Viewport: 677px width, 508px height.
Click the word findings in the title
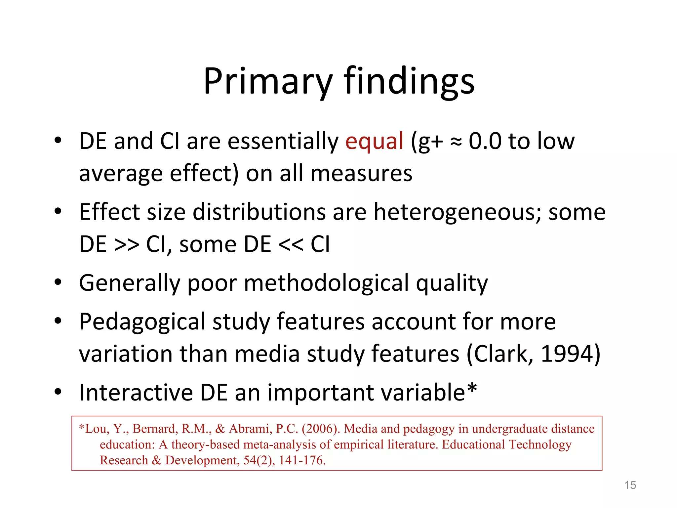click(x=409, y=81)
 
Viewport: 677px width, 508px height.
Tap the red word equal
click(x=374, y=141)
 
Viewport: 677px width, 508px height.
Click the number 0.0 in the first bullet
click(x=485, y=141)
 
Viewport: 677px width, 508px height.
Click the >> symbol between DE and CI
click(x=126, y=245)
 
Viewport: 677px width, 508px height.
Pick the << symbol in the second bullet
click(x=291, y=245)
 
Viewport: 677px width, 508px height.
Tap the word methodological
click(x=327, y=283)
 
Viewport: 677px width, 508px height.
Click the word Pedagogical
click(x=142, y=322)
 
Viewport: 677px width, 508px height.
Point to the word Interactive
click(x=136, y=393)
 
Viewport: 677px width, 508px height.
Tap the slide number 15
click(x=630, y=485)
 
